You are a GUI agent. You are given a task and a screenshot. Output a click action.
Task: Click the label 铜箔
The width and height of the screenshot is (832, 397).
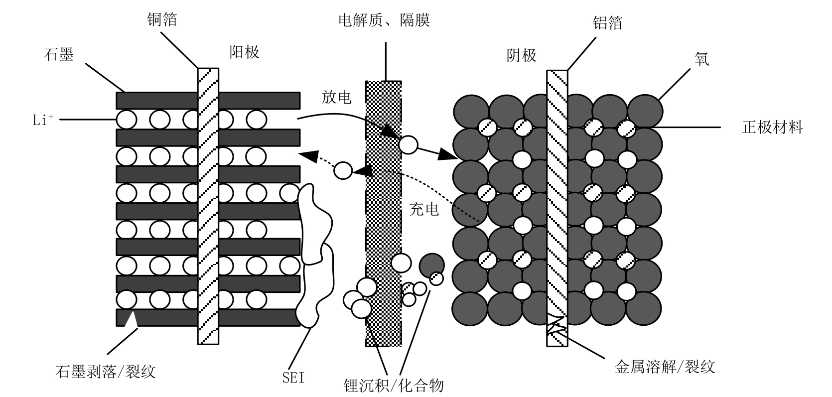pyautogui.click(x=162, y=20)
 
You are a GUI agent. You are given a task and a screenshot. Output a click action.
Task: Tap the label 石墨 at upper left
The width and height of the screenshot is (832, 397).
pyautogui.click(x=59, y=55)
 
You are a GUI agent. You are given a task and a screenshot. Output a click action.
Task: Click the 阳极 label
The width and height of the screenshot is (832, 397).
pyautogui.click(x=244, y=52)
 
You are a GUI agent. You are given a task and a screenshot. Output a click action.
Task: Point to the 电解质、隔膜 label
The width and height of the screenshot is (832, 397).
pyautogui.click(x=384, y=20)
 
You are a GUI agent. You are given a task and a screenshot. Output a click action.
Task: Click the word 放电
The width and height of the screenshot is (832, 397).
pyautogui.click(x=336, y=97)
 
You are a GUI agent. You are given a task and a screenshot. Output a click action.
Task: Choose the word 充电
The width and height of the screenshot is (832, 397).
pyautogui.click(x=424, y=209)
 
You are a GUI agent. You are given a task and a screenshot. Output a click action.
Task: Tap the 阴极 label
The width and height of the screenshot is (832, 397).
pyautogui.click(x=521, y=55)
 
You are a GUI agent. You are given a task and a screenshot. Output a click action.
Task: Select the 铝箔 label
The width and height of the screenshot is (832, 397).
pyautogui.click(x=608, y=23)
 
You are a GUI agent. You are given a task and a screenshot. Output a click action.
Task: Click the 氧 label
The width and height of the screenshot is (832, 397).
pyautogui.click(x=702, y=59)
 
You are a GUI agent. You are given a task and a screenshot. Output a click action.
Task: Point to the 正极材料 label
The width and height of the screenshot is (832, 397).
pyautogui.click(x=772, y=128)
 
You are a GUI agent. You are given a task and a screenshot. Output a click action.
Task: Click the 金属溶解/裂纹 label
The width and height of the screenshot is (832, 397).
pyautogui.click(x=665, y=367)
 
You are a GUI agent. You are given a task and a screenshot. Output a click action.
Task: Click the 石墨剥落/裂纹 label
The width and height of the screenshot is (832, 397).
pyautogui.click(x=106, y=371)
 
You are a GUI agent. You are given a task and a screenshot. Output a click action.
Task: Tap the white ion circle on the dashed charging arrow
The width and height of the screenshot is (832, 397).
pyautogui.click(x=343, y=170)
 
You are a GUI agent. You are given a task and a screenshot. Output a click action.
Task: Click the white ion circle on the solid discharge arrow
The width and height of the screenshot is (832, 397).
pyautogui.click(x=408, y=144)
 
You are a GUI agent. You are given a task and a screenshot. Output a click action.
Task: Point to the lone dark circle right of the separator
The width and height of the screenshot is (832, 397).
pyautogui.click(x=431, y=265)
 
